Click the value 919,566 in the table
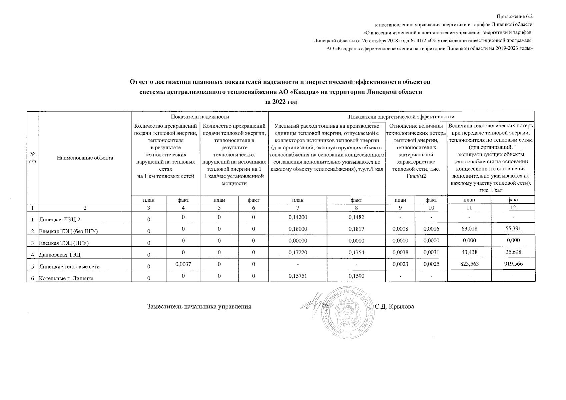click(x=513, y=264)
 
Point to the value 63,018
click(x=469, y=229)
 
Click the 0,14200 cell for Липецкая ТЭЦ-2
click(x=298, y=217)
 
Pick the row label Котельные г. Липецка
click(x=66, y=278)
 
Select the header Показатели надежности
click(x=200, y=116)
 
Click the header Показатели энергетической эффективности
click(x=401, y=116)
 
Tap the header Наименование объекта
click(x=85, y=157)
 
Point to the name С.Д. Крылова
click(x=394, y=306)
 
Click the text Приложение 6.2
click(x=515, y=16)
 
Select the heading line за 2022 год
click(x=280, y=102)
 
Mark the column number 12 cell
click(x=513, y=207)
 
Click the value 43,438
click(x=469, y=252)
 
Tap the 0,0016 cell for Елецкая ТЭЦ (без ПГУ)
click(x=431, y=229)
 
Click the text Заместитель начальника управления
click(x=199, y=306)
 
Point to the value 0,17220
click(x=298, y=252)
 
